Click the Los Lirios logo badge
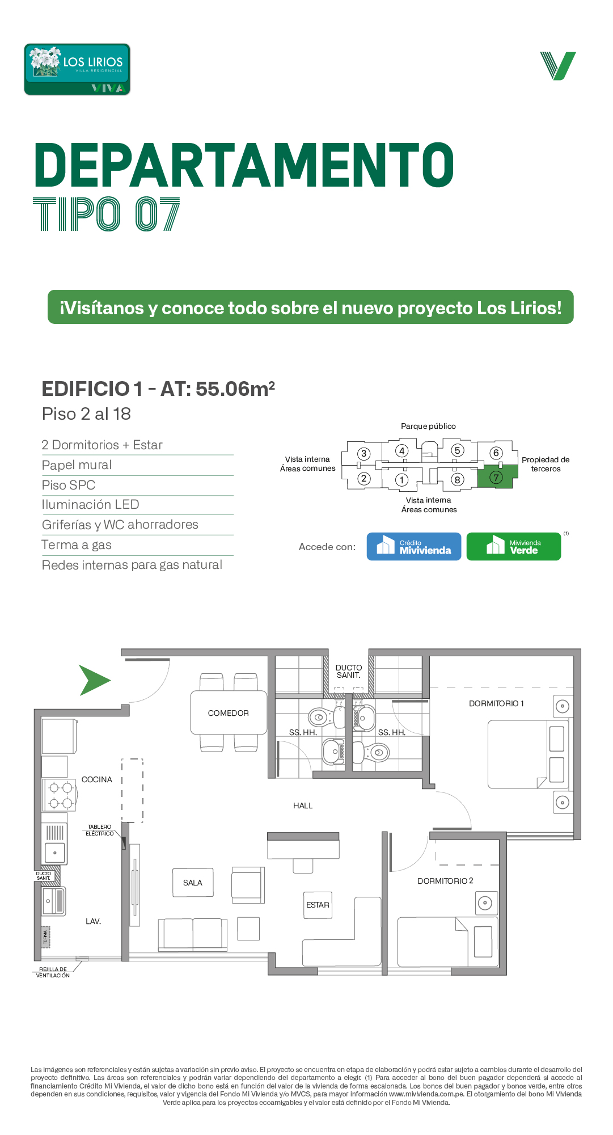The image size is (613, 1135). click(x=77, y=69)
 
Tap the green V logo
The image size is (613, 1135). click(x=558, y=66)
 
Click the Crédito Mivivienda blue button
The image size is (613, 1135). click(x=414, y=546)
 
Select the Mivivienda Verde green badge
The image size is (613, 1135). click(x=514, y=546)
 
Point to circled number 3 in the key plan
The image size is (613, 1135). click(x=364, y=454)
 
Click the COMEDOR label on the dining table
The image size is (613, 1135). click(x=229, y=713)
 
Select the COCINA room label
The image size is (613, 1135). click(x=97, y=779)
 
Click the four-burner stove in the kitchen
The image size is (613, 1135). click(x=60, y=795)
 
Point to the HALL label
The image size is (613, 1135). click(x=303, y=805)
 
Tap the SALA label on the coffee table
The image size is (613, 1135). click(x=193, y=883)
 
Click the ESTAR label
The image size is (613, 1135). click(x=318, y=905)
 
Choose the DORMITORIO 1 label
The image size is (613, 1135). click(x=496, y=703)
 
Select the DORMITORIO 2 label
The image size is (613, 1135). click(x=445, y=881)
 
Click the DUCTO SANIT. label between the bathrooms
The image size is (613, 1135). click(x=349, y=672)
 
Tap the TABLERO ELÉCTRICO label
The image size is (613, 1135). click(x=100, y=830)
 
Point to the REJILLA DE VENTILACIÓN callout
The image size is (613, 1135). click(x=53, y=972)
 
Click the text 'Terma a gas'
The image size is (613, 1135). click(x=77, y=545)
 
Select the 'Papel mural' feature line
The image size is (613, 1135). click(x=77, y=465)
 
